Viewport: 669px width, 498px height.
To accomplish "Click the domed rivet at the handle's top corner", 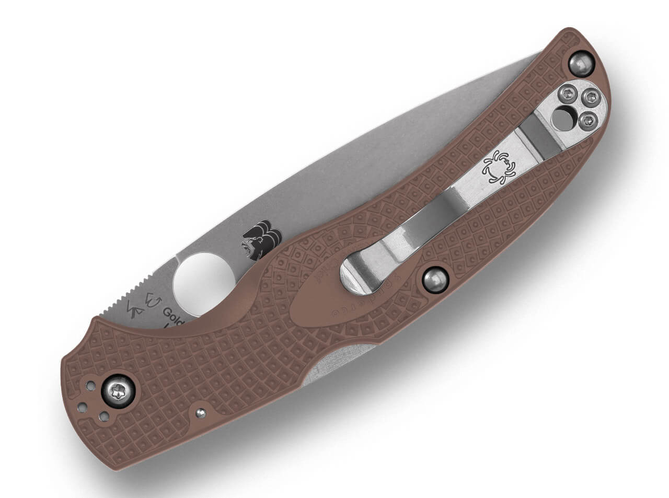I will (x=580, y=64).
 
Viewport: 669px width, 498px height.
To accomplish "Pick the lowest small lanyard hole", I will (x=104, y=416).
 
